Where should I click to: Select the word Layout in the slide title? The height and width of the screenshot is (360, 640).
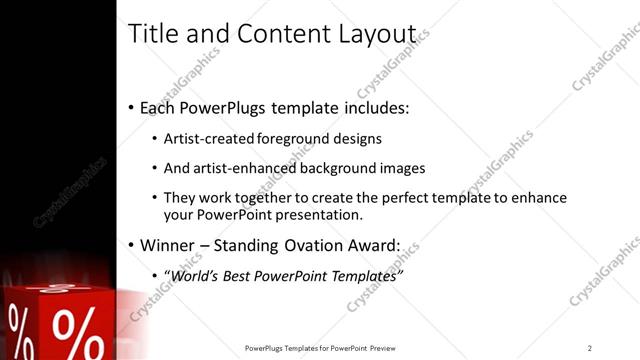click(x=382, y=34)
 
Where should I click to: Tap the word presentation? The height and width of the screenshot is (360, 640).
click(x=325, y=215)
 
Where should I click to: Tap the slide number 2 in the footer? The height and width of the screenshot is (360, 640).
click(x=590, y=347)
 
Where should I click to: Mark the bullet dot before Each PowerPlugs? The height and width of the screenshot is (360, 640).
click(x=132, y=108)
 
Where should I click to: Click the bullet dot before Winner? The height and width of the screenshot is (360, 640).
click(x=132, y=245)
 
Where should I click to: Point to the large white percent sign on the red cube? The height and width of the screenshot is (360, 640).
click(x=73, y=329)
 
